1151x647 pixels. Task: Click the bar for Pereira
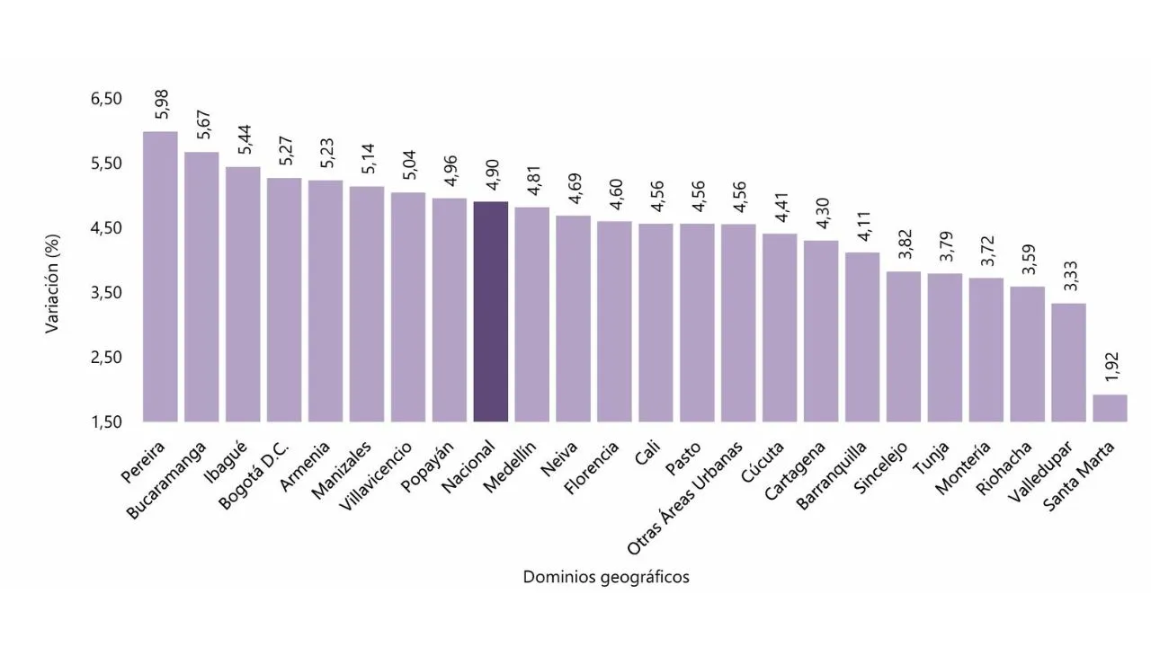click(x=160, y=277)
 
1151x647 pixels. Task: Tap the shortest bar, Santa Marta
click(x=1110, y=408)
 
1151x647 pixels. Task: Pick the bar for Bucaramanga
click(x=201, y=287)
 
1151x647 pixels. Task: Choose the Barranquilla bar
click(x=862, y=337)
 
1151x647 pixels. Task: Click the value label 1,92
click(x=1110, y=367)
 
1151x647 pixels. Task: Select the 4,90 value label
click(x=491, y=173)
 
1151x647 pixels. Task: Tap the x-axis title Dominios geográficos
click(x=606, y=578)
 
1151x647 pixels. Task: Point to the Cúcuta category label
click(x=763, y=461)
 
